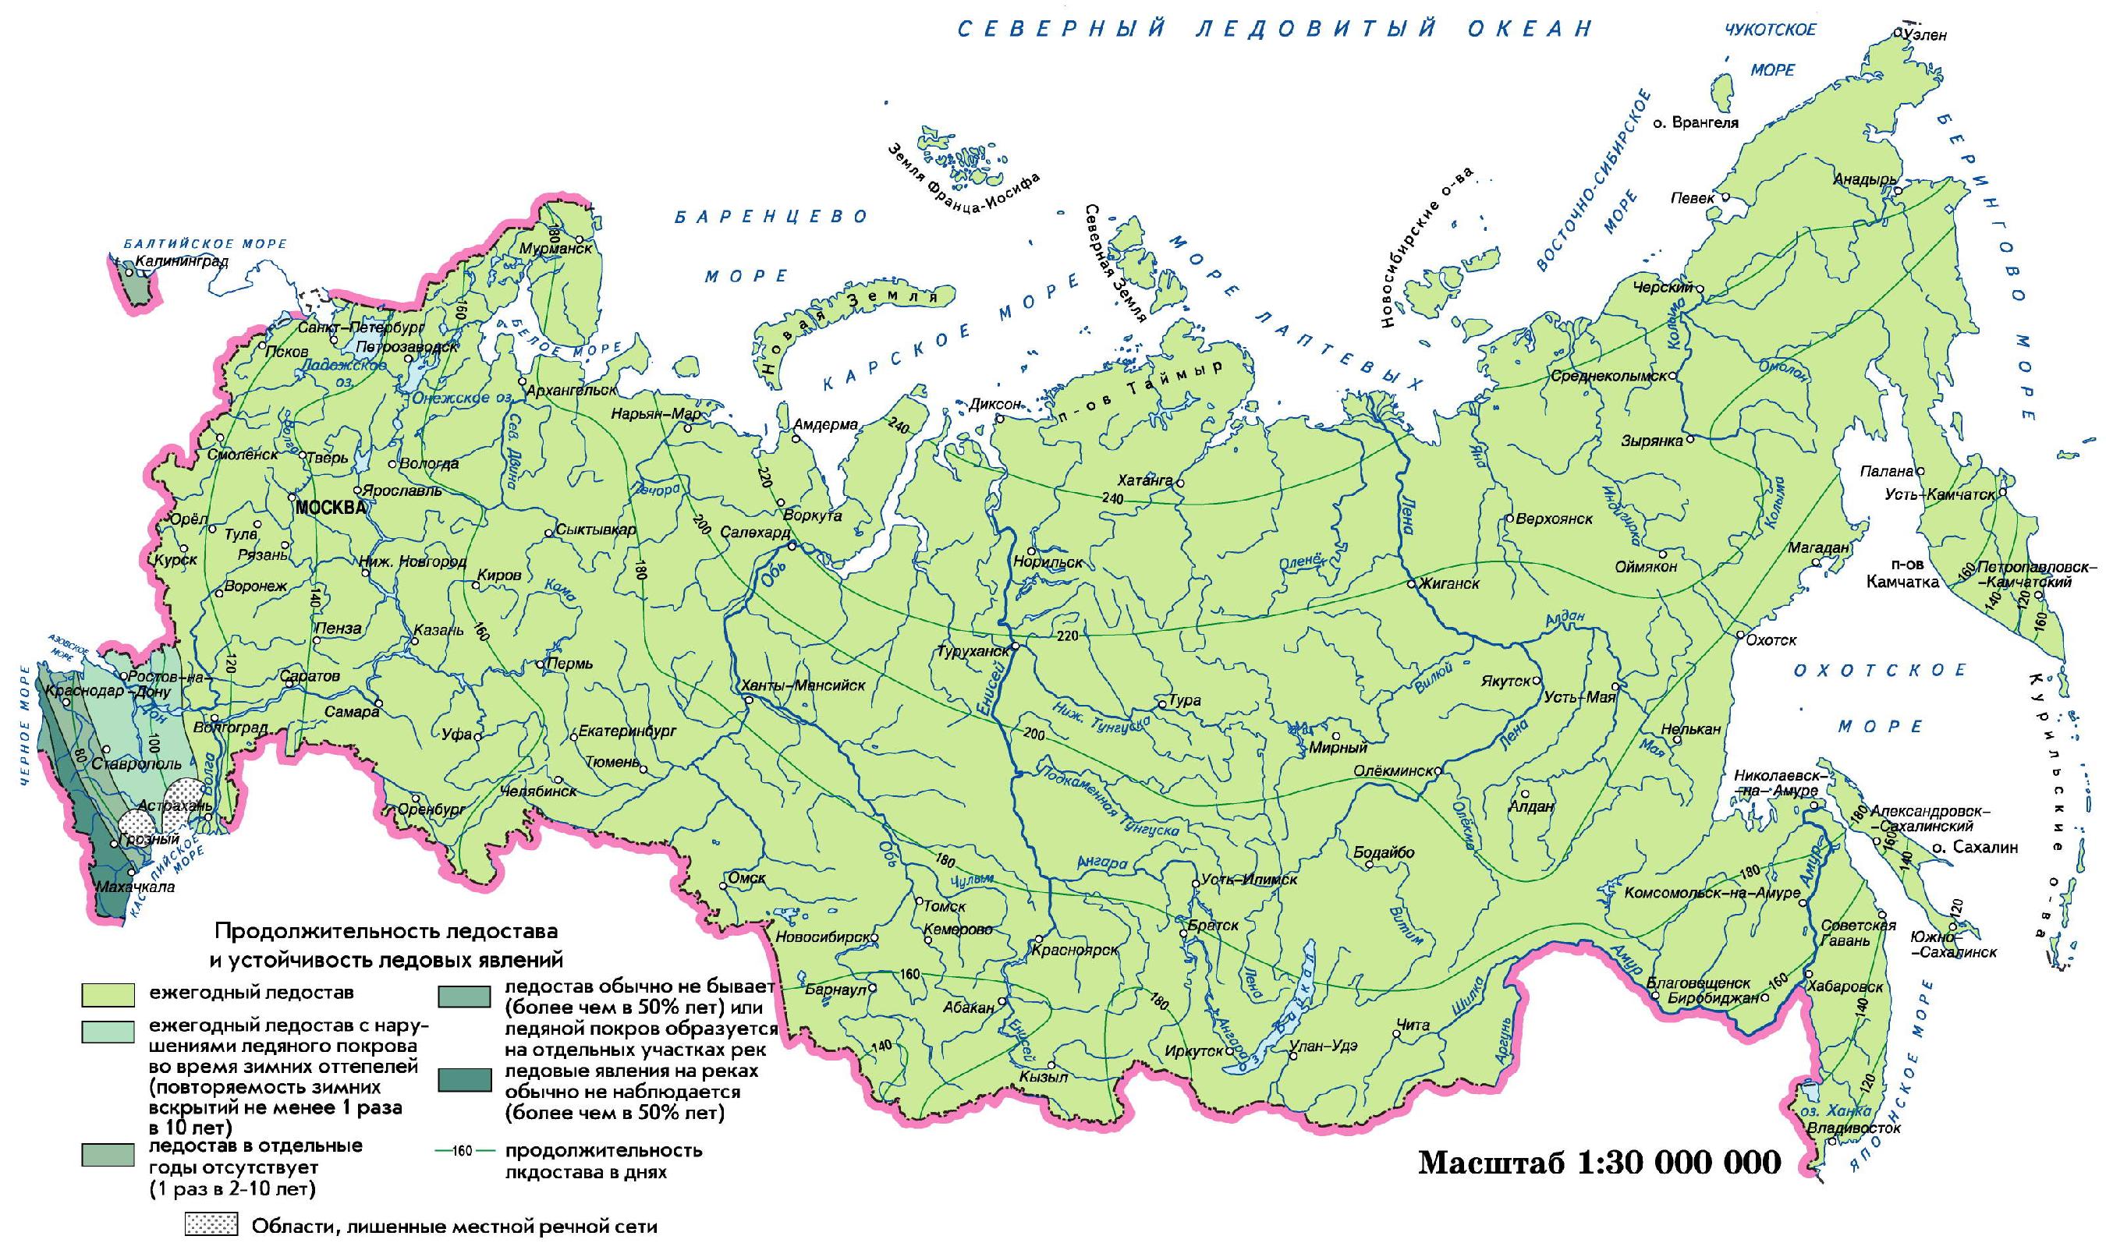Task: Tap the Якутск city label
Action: coord(1504,681)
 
